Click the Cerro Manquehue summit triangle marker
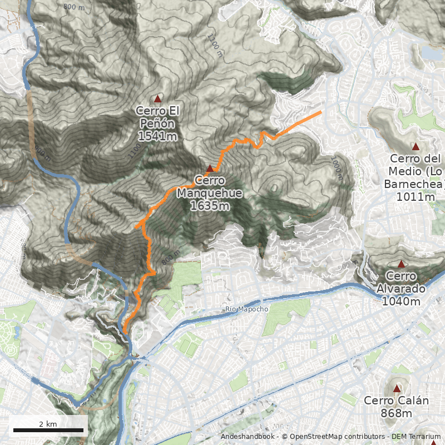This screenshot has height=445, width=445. point(210,169)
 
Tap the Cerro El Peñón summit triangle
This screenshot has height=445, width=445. point(158,99)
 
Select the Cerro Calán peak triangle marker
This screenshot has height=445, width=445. point(397,388)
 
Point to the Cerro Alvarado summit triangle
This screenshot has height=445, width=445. point(401,264)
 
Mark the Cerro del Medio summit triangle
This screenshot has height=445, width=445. point(415,146)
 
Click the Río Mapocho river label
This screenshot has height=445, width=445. point(247,309)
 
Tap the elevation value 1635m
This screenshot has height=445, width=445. point(210,206)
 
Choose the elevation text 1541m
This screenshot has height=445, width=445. point(157,136)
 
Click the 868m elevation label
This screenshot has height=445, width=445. point(397,413)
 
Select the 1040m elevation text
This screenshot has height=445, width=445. point(401,301)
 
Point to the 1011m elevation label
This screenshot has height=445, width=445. point(415,196)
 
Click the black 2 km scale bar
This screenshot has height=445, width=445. point(48,430)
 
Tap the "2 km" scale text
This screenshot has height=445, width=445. point(48,424)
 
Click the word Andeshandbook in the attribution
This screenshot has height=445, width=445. point(247,437)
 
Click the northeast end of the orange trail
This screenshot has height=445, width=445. point(321,112)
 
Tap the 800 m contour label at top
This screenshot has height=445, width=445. point(73,7)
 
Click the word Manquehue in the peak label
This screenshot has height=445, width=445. point(210,194)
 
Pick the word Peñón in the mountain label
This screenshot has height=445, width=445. point(157,123)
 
